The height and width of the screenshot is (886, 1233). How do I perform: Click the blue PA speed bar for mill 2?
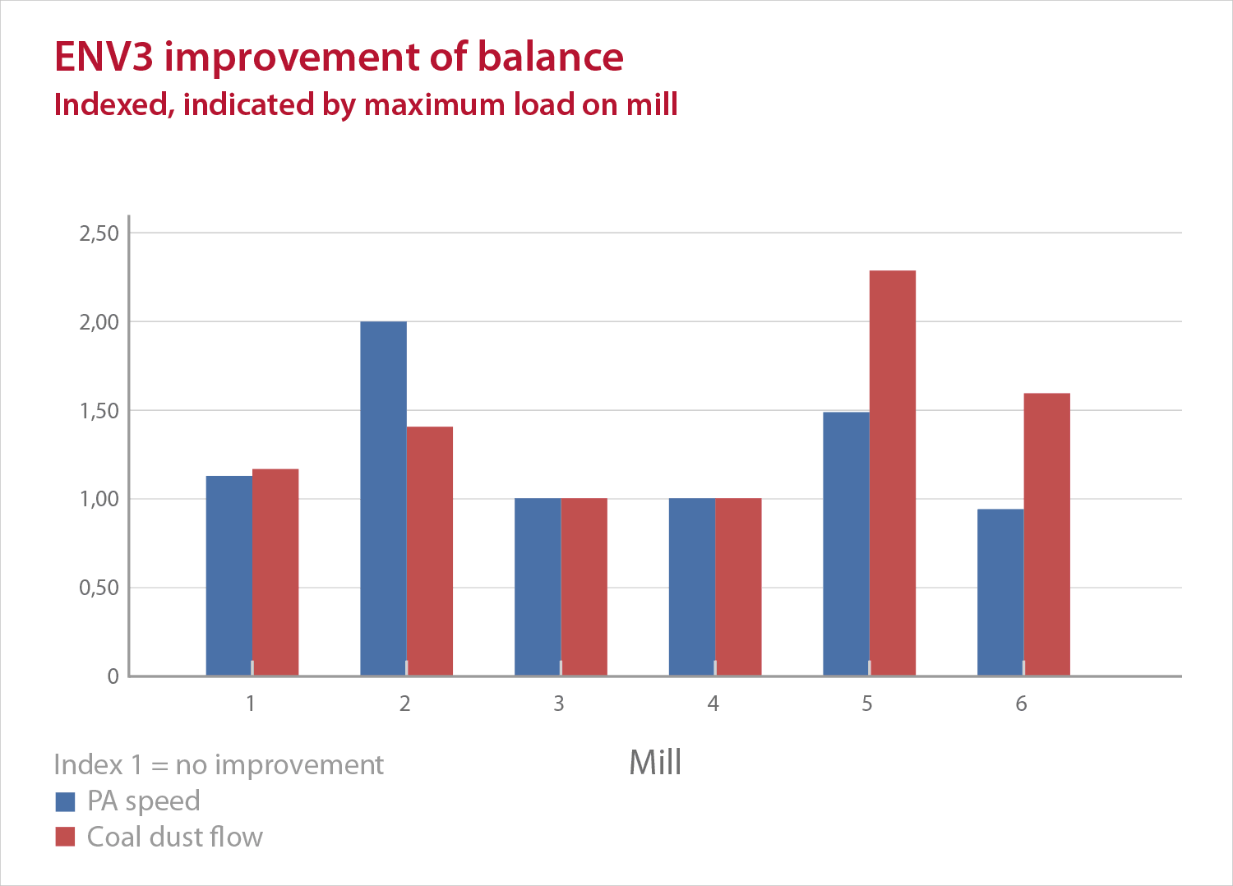tap(383, 498)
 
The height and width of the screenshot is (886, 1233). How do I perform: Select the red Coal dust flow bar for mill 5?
tap(892, 473)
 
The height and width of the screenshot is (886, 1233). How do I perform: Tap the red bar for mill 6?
tap(1046, 534)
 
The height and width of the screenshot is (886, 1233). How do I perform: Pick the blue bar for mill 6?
tap(1000, 592)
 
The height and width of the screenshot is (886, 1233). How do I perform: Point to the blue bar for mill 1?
tap(229, 575)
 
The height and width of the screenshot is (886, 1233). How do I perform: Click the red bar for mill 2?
tap(429, 551)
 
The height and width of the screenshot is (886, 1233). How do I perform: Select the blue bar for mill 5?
tap(846, 543)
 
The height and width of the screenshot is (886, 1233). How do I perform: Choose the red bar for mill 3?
tap(584, 587)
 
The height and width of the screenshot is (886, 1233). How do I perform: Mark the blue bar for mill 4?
tap(691, 587)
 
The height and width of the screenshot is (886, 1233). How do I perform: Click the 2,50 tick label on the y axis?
tap(99, 233)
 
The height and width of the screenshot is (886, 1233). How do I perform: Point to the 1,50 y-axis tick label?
tap(99, 411)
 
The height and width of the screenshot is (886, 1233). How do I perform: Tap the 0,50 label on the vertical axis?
tap(99, 588)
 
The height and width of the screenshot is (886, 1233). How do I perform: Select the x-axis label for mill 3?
tap(559, 704)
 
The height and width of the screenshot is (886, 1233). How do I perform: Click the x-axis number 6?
tap(1021, 704)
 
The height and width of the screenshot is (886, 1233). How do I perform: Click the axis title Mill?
tap(655, 763)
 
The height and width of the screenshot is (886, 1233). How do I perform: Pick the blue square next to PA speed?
tap(65, 801)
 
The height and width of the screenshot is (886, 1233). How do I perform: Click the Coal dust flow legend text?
tap(174, 837)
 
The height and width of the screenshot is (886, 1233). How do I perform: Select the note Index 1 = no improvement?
tap(219, 765)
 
